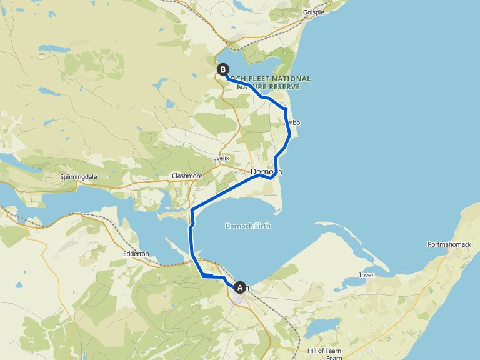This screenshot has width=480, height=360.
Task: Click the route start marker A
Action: coord(239,287)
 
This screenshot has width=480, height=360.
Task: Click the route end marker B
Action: coord(222,69)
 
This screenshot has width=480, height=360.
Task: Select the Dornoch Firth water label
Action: coord(248,226)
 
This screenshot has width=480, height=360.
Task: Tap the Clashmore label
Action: coord(187,176)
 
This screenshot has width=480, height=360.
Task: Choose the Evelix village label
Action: coord(222,158)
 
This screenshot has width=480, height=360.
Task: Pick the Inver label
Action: coord(366,275)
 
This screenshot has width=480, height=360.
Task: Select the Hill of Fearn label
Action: coord(325,351)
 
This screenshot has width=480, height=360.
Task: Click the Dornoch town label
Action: coord(266,172)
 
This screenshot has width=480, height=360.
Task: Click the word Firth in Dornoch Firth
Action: coord(263,226)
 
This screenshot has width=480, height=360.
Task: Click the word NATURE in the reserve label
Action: coord(251,87)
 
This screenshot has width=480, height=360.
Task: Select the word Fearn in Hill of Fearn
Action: coord(334,351)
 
